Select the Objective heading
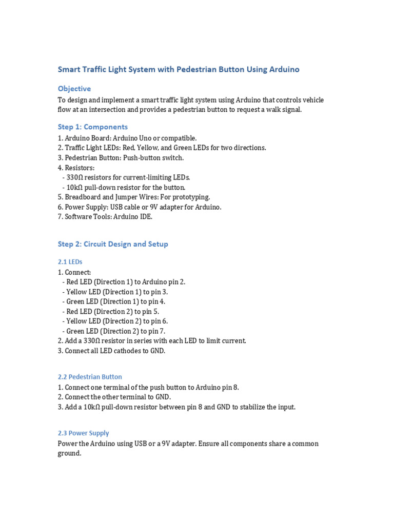[x=74, y=89]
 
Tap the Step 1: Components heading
[x=93, y=127]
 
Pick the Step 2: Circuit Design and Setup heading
[x=113, y=244]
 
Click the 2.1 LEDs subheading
[x=70, y=262]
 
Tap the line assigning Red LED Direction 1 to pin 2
[x=124, y=282]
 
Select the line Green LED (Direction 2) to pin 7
[x=113, y=331]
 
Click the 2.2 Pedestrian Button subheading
[x=90, y=377]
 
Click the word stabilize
[x=243, y=407]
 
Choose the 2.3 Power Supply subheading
[x=83, y=433]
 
